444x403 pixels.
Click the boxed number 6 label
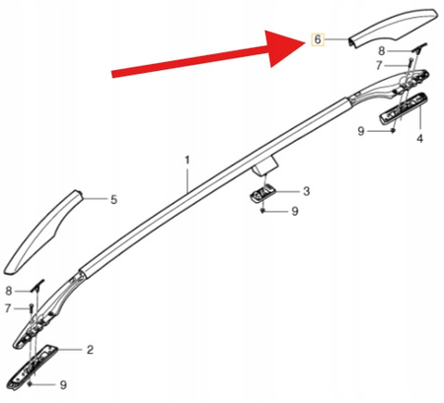[318, 40]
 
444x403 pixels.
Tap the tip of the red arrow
[307, 43]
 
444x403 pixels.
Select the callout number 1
[187, 161]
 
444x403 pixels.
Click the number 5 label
[113, 199]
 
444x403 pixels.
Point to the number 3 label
[306, 191]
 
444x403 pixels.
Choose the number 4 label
[420, 139]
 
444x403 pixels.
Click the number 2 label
[90, 350]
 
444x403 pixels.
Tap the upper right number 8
[381, 51]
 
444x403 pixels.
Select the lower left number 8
[9, 291]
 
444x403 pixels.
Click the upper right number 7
[379, 66]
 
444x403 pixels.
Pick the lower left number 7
[8, 308]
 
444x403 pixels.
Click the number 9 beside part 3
[295, 211]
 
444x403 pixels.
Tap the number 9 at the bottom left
[63, 384]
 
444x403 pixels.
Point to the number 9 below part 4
[361, 131]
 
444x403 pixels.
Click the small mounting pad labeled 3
[262, 193]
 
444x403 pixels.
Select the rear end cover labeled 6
[393, 28]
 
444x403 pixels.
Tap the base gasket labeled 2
[33, 368]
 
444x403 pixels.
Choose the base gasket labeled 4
[404, 108]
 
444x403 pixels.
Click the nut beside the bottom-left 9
[31, 384]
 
